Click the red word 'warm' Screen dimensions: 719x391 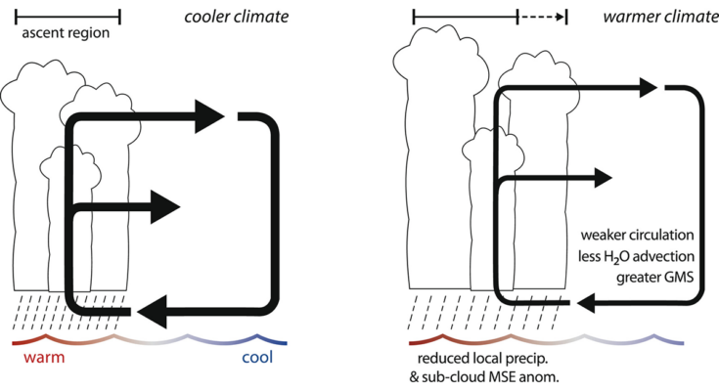point(44,357)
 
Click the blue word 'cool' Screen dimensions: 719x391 point(257,357)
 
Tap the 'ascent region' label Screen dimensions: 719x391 point(66,33)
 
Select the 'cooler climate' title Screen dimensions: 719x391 point(237,17)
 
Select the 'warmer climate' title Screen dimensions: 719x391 point(660,17)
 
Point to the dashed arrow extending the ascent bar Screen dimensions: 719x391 point(542,18)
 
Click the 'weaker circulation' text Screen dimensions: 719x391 point(638,236)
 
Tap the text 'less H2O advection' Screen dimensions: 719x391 point(636,256)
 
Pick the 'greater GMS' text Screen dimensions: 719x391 point(654,278)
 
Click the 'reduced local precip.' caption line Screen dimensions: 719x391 point(483,359)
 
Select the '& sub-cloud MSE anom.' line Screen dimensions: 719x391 point(484,377)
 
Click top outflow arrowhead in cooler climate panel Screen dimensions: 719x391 point(209,116)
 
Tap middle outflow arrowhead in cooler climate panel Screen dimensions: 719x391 point(165,207)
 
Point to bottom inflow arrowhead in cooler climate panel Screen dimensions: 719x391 point(153,312)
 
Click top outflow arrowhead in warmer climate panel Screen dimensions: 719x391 point(649,88)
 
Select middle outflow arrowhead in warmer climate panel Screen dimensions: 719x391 point(604,178)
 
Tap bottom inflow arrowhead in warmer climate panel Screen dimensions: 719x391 point(586,303)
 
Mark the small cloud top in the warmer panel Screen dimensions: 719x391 point(493,148)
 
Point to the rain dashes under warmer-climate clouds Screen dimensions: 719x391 point(484,312)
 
